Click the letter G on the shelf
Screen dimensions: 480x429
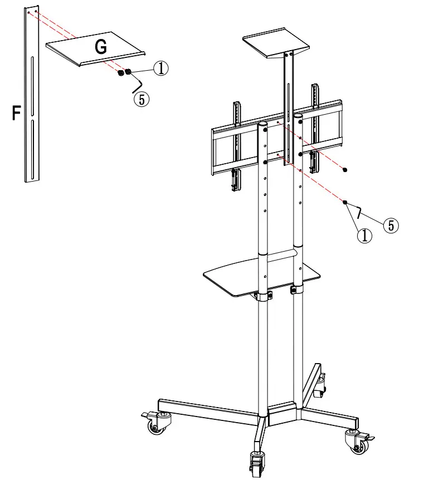point(101,47)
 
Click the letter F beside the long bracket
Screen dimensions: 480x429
point(17,114)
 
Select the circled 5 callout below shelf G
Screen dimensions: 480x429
point(142,99)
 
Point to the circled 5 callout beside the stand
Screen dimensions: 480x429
point(391,225)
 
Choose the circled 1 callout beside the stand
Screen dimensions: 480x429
point(364,236)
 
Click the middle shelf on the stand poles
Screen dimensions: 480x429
point(262,276)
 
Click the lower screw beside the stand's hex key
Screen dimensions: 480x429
point(345,202)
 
